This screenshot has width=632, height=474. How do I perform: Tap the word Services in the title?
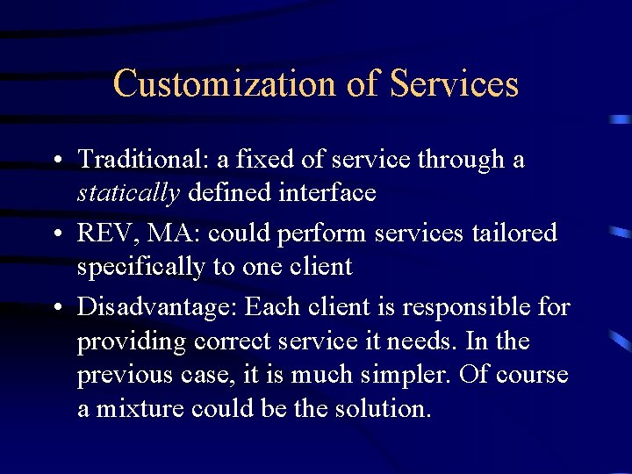[454, 84]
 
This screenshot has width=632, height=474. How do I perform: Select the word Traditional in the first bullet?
[140, 160]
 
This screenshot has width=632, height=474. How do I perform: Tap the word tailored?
[514, 233]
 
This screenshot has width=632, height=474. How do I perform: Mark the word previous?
[117, 375]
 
